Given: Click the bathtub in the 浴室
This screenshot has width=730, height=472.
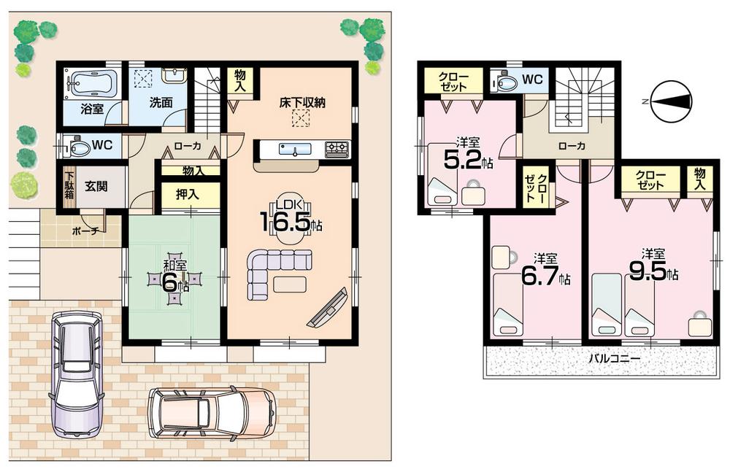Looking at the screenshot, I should pyautogui.click(x=91, y=83).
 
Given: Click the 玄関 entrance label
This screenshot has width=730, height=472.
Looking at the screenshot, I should pyautogui.click(x=95, y=187).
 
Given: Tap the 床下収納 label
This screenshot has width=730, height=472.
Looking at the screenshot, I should pyautogui.click(x=301, y=103).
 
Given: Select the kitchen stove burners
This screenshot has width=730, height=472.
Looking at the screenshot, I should pyautogui.click(x=337, y=149).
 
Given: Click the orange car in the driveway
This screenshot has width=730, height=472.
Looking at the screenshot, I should pyautogui.click(x=212, y=412).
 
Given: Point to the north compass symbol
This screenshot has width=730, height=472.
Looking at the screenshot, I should pyautogui.click(x=670, y=101).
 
